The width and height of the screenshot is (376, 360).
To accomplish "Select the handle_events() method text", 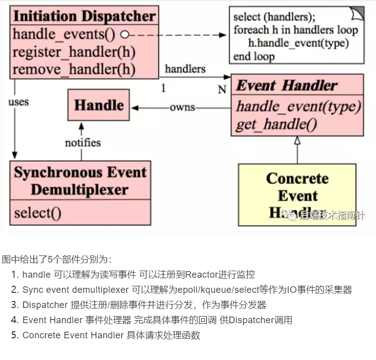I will (x=64, y=35).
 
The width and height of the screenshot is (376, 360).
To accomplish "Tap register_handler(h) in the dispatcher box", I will (x=74, y=52).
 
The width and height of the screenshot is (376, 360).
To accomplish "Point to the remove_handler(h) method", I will (x=74, y=69).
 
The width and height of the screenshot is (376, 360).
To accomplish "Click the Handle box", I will (x=99, y=106).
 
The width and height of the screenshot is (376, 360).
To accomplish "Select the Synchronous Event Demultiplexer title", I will (x=80, y=181).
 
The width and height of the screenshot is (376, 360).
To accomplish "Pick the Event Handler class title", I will (x=286, y=85).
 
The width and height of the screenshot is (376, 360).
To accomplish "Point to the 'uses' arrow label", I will (x=19, y=102).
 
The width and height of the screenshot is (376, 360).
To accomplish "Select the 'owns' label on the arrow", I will (x=182, y=108).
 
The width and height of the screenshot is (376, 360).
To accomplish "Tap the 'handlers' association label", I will (x=185, y=69).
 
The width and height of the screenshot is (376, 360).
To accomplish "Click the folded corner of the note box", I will (x=357, y=13).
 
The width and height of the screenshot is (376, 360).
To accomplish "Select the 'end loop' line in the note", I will (x=254, y=56).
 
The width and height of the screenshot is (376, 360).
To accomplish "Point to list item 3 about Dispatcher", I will (x=144, y=305).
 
